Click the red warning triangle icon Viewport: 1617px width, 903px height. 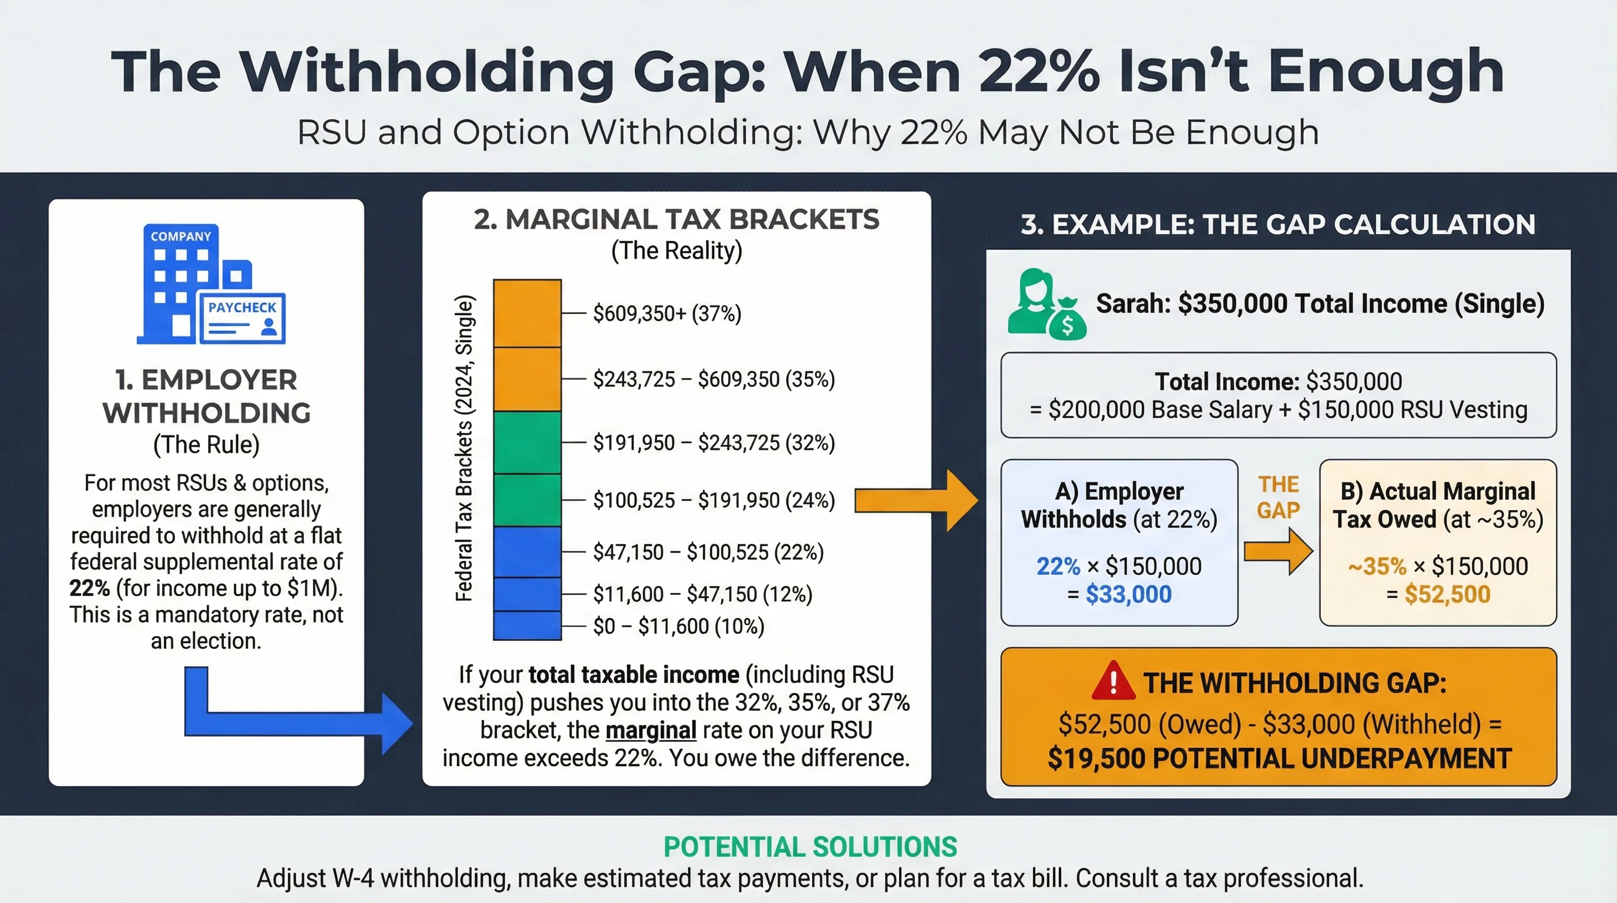(1113, 681)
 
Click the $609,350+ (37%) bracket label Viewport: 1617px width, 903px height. (667, 313)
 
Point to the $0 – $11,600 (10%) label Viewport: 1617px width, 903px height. (678, 626)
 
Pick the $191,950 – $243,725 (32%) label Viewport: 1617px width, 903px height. (714, 443)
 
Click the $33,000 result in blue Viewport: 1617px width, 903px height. (1128, 594)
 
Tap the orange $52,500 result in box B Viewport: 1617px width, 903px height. (1447, 594)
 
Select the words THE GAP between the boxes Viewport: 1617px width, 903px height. (1278, 497)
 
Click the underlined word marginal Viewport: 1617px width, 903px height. (650, 730)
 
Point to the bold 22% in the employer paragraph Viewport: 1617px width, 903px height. (89, 588)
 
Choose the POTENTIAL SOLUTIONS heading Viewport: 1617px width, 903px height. (810, 847)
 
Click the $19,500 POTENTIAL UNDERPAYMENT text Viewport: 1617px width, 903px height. (1279, 758)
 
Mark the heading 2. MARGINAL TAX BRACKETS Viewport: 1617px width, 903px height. (676, 220)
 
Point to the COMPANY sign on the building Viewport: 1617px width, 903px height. (181, 236)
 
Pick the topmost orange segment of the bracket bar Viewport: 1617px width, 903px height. (526, 313)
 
